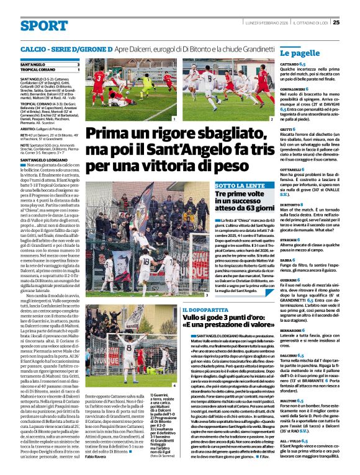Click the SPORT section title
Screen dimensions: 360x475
(44, 25)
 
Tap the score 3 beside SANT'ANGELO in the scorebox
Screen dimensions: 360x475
(78, 64)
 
